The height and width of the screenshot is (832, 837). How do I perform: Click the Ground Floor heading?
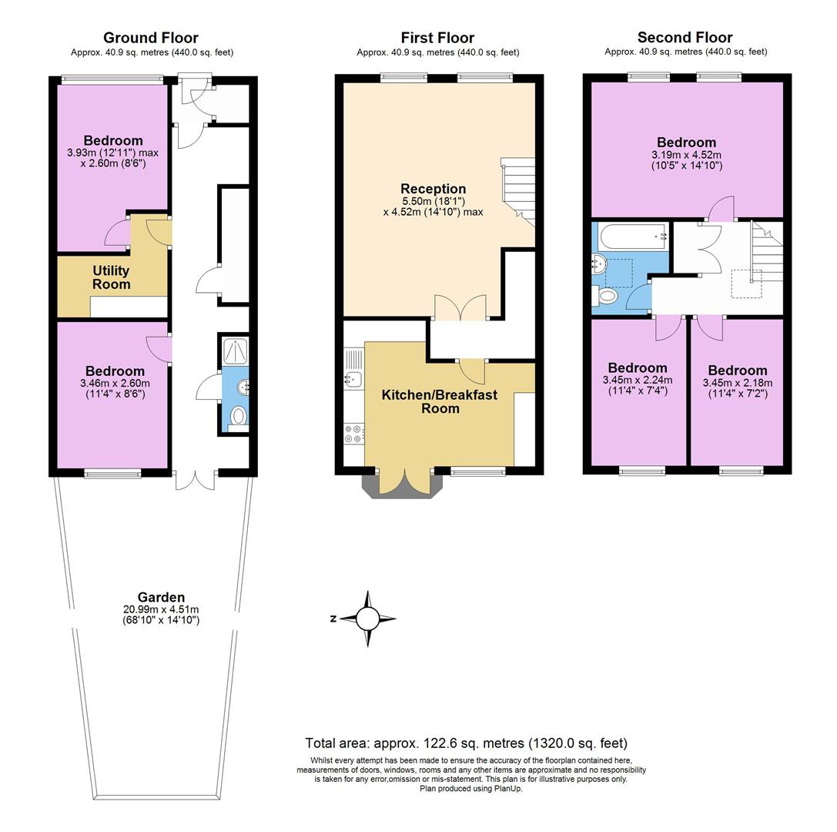point(150,38)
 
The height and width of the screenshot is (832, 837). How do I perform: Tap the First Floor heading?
point(437,38)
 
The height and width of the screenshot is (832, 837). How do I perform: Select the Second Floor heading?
point(685,38)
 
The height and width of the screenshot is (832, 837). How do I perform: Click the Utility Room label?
point(112,277)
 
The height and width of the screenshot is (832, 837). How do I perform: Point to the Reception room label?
point(433,189)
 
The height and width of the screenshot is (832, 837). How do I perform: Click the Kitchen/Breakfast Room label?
point(440,401)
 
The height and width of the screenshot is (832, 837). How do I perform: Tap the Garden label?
point(161,597)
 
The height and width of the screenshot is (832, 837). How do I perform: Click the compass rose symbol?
point(368,619)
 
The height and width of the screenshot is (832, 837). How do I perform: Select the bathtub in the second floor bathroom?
point(631,237)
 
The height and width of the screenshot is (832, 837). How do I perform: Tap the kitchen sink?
point(353,378)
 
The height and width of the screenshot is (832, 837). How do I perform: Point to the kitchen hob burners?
point(354,434)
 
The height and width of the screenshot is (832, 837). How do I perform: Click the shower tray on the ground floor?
point(235,351)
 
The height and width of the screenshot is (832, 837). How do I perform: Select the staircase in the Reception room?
point(517,189)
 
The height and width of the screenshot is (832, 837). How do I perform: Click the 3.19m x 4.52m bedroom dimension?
point(685,159)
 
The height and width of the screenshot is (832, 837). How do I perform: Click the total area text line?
point(466,743)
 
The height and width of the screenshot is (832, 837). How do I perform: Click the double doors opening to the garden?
point(196,479)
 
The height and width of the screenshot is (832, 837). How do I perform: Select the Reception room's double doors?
point(460,307)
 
